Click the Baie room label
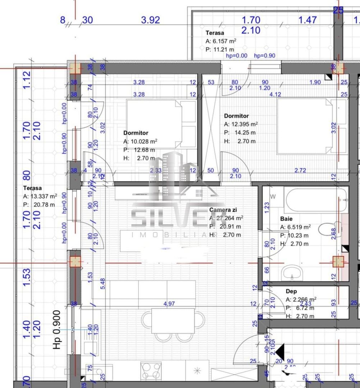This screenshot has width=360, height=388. click(286, 218)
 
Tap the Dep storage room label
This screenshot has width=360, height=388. click(291, 291)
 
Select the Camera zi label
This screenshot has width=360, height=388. click(223, 210)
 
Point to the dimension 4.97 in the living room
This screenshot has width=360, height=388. click(169, 304)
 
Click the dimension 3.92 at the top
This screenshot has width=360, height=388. click(150, 20)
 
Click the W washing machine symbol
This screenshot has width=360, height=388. click(273, 197)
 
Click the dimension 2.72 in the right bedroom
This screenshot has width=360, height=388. click(300, 170)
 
